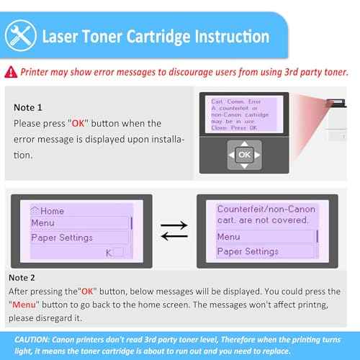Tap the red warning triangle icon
point(11,71)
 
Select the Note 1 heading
point(28,107)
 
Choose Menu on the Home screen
point(42,223)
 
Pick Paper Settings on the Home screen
point(61,238)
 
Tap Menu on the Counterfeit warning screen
point(228,237)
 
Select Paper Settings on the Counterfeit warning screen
point(248,251)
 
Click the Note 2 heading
point(22,277)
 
